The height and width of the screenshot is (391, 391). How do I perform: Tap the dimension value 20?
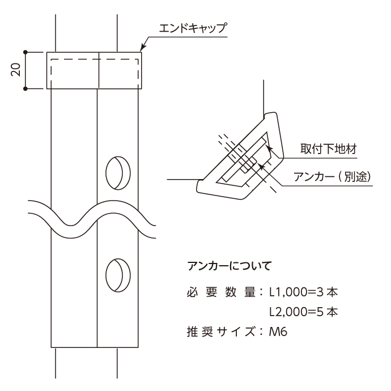(x=16, y=70)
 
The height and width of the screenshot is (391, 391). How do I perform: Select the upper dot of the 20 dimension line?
(x=25, y=52)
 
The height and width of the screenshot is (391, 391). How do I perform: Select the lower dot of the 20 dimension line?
(x=25, y=88)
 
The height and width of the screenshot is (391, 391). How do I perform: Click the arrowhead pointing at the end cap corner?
(x=143, y=47)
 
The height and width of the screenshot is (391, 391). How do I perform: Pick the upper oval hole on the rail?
(x=118, y=173)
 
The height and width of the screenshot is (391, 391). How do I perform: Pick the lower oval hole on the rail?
(x=118, y=275)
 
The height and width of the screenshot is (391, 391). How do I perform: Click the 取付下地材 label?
(x=329, y=149)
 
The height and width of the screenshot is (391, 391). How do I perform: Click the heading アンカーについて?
(x=229, y=266)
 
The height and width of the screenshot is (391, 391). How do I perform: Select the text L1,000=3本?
(x=304, y=292)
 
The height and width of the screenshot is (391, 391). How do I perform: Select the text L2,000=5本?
(x=304, y=312)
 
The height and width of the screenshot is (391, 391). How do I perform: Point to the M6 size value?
(x=278, y=332)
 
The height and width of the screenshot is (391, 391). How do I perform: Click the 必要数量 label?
(x=221, y=292)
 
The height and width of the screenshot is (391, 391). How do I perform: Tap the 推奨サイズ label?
(x=221, y=332)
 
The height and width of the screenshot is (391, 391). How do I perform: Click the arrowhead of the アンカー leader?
(x=260, y=165)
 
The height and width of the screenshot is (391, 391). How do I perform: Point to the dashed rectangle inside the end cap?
(x=95, y=59)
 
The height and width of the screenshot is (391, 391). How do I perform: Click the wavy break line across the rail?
(x=92, y=219)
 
